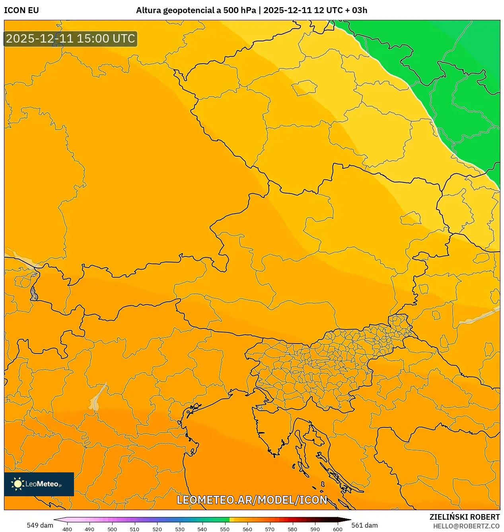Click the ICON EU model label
coord(21,10)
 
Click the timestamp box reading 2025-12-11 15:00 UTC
coord(70,39)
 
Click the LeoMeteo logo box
coord(39,484)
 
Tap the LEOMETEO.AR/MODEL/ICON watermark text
coord(252,500)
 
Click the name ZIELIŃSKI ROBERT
coord(464,517)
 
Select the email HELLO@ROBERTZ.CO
coord(466,526)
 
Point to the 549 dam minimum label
coord(40,525)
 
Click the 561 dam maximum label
coord(364,525)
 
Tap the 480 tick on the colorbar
coord(67,529)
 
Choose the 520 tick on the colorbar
coord(157,529)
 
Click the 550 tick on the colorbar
coord(225,529)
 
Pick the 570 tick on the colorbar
coord(270,529)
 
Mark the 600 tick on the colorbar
coord(337,529)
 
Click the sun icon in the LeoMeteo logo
coord(18,484)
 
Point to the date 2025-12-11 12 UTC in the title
coord(302,10)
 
